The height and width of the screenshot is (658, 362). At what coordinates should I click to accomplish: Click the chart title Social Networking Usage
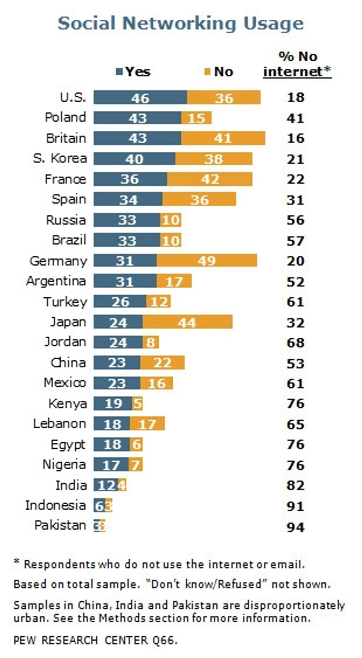point(180,24)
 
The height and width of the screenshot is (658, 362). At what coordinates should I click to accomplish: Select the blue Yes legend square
point(120,72)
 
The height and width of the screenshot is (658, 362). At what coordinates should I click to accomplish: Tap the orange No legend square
point(208,72)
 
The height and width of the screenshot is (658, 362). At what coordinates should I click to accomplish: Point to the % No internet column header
point(297,64)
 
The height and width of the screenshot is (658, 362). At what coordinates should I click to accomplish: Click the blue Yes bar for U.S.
point(140,97)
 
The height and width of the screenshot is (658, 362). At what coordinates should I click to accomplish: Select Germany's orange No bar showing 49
point(206,261)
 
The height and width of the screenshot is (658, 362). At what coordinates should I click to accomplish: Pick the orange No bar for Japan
point(187,322)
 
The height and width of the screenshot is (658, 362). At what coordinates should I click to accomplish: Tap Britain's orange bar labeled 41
point(223,138)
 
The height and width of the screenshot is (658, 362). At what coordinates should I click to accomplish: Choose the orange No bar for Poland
point(196,118)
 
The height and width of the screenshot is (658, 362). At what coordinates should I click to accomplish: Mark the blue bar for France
point(130,179)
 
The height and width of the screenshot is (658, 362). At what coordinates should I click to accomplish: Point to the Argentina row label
point(56,281)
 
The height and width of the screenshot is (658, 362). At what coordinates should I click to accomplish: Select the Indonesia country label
point(55,505)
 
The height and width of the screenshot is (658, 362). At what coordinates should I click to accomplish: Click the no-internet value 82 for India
point(295,486)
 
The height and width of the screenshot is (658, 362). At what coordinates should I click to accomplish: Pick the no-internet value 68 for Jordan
point(295,343)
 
